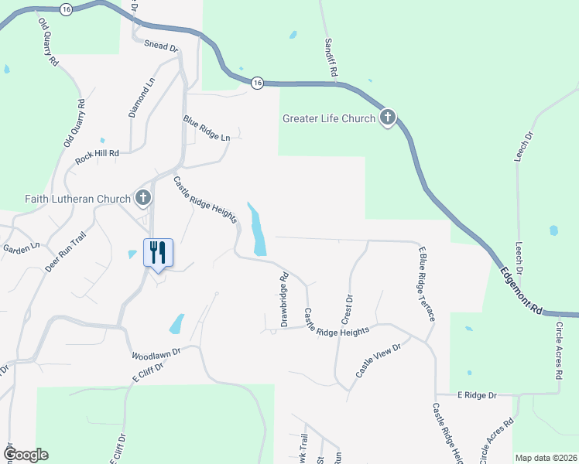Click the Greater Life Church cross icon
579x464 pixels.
coord(388,118)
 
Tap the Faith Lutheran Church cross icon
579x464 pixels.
coord(143,199)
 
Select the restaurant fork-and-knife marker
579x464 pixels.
coord(158,252)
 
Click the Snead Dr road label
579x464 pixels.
coord(161,46)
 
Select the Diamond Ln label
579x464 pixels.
coord(142,97)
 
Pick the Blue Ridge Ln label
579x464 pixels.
coord(207,128)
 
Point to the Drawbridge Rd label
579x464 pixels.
coord(284,298)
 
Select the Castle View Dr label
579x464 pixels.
coord(378,361)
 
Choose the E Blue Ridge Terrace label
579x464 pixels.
coord(427,284)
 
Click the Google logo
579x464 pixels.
coord(25,455)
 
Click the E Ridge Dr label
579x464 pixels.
coord(476,395)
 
